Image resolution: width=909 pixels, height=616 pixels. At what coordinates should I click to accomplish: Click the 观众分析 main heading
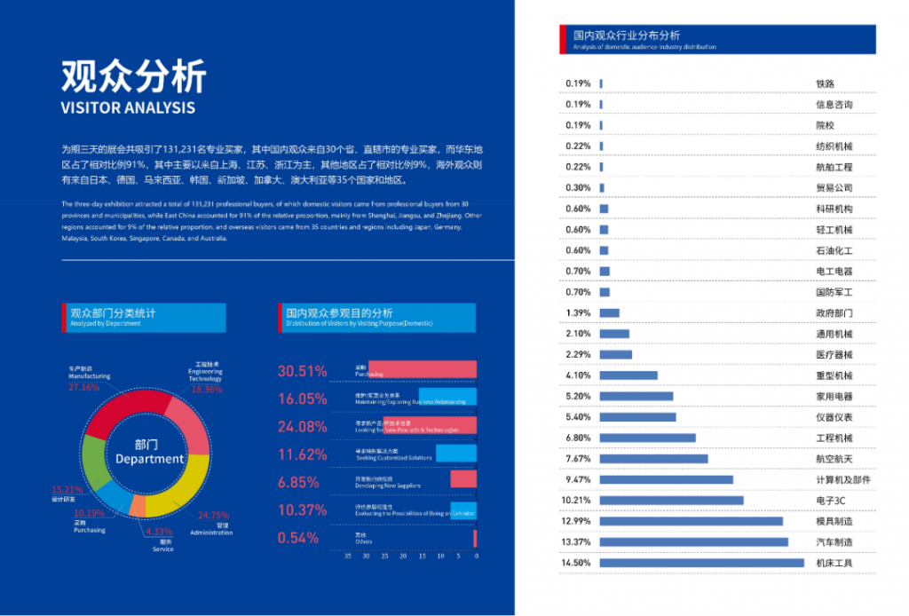[133, 76]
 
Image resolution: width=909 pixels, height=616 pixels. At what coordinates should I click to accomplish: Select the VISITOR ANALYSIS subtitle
[128, 108]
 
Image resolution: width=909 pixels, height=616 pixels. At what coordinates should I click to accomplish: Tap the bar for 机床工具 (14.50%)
[701, 563]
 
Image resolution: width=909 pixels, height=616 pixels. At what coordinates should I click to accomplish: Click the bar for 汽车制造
[693, 542]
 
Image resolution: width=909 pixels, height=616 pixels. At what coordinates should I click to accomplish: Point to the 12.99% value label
[577, 521]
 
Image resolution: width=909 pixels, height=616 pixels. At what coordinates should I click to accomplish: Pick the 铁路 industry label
[825, 84]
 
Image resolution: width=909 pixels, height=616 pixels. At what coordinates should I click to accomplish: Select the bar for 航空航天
[653, 459]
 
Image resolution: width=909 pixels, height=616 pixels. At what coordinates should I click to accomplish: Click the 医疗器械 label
[834, 355]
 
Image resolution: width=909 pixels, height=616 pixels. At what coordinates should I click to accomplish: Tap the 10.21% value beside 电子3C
[577, 501]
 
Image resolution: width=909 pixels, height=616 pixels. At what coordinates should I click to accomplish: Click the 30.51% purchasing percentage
[302, 371]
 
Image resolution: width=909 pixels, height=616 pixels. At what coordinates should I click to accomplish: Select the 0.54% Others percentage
[297, 538]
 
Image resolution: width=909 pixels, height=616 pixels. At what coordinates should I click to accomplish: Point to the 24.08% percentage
[302, 427]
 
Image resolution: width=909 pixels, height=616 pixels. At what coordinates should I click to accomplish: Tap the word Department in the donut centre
[149, 459]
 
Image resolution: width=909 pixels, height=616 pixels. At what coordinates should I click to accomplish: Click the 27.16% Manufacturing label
[83, 387]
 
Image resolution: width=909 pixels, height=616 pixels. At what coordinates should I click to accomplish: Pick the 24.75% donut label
[213, 515]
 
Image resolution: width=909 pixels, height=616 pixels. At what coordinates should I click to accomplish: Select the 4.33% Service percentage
[160, 532]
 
